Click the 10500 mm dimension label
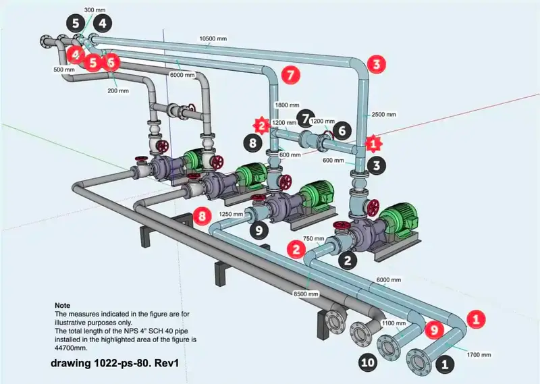[x=213, y=38]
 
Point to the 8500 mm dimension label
[x=307, y=294]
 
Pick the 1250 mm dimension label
[x=231, y=214]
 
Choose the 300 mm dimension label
[x=93, y=10]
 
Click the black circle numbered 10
[x=367, y=362]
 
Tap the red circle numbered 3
[x=377, y=65]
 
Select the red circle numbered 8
[x=200, y=216]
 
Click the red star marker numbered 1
[x=371, y=142]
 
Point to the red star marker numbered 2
[x=261, y=125]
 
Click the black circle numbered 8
[x=252, y=142]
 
